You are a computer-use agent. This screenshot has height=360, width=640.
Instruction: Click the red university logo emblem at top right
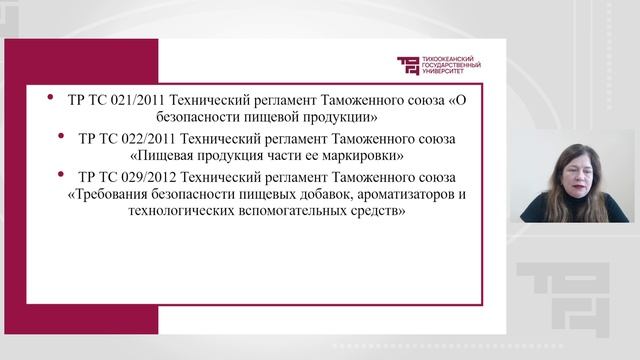click(x=409, y=66)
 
